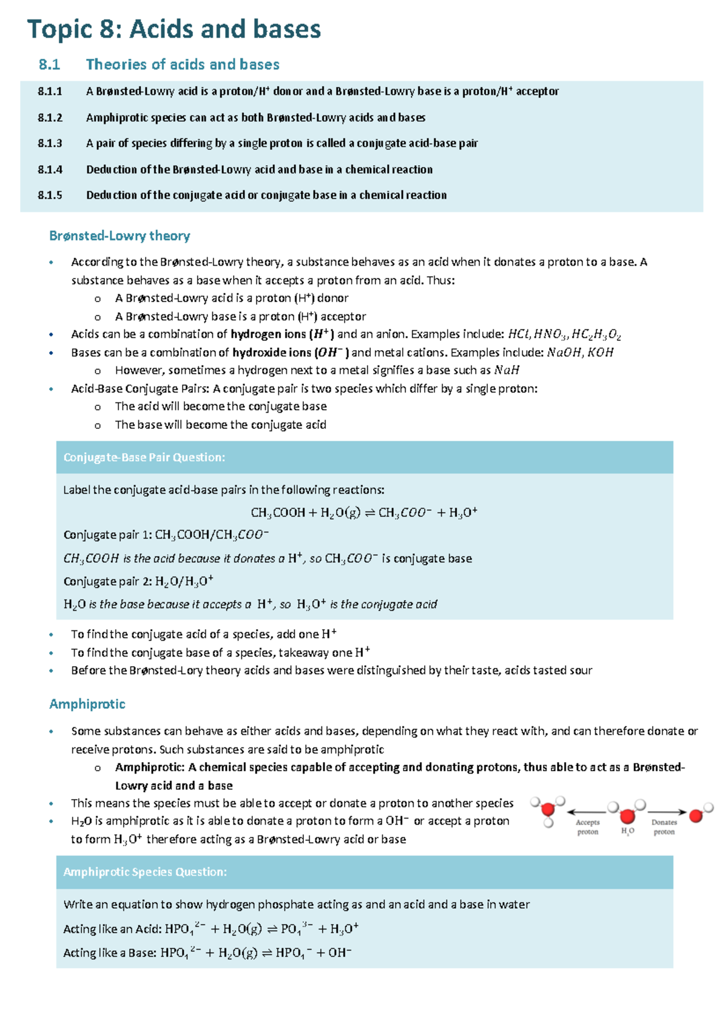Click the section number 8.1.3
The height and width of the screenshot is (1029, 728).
[50, 144]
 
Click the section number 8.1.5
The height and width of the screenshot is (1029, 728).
[50, 195]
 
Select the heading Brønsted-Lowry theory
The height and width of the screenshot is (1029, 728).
[120, 236]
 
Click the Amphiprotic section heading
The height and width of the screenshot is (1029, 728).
[87, 704]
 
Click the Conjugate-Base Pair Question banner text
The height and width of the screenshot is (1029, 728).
[144, 457]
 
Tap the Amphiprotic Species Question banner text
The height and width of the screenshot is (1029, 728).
[145, 872]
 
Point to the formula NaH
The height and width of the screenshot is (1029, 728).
[507, 370]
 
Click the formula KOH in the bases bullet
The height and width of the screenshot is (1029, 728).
[600, 353]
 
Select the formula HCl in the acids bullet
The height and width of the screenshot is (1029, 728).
[518, 334]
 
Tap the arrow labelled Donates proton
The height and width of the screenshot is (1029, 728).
[666, 812]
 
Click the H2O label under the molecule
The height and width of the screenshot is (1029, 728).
[627, 831]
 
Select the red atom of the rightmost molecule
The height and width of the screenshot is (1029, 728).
[696, 816]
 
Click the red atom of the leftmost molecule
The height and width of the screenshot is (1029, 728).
[548, 810]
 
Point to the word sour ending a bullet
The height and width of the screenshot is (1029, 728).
[581, 670]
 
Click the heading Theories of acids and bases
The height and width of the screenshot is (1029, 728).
[182, 64]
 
